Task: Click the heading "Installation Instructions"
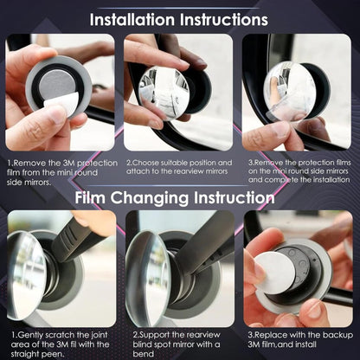(x=179, y=18)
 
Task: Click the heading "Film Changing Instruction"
(x=179, y=197)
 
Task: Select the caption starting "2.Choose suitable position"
(x=179, y=167)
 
